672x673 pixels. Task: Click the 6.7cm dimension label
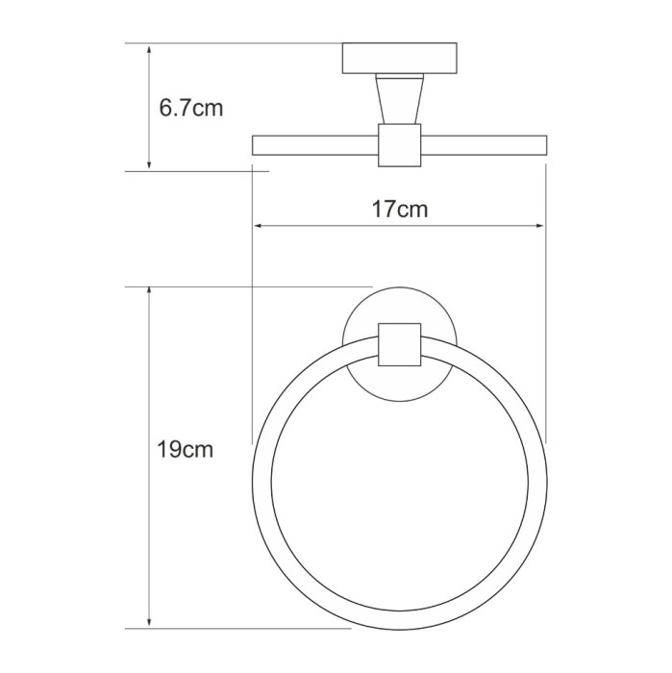pyautogui.click(x=191, y=108)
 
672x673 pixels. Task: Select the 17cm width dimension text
pyautogui.click(x=399, y=209)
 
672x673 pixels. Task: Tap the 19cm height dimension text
pyautogui.click(x=186, y=449)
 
